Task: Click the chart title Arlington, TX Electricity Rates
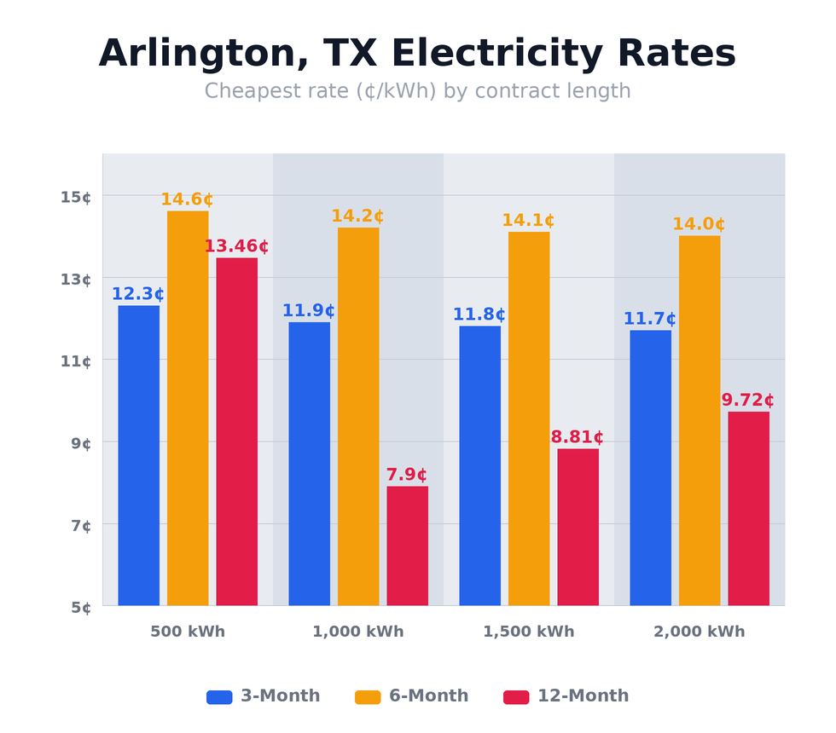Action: click(x=417, y=55)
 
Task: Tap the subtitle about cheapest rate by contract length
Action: click(x=417, y=91)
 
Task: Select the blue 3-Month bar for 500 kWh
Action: click(x=138, y=455)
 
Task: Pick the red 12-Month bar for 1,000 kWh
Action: click(x=407, y=545)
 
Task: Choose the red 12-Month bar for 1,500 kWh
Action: click(x=578, y=527)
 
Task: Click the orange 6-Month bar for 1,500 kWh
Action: click(x=529, y=418)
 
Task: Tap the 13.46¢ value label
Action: click(x=235, y=246)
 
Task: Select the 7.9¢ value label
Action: click(x=406, y=475)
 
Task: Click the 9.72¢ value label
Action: click(x=747, y=400)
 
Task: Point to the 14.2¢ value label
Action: click(x=357, y=216)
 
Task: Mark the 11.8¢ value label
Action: click(x=479, y=315)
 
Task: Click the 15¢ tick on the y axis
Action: click(x=76, y=197)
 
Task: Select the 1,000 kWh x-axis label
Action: click(x=357, y=632)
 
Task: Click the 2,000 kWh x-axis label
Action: click(x=699, y=632)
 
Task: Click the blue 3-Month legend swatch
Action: click(x=219, y=697)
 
